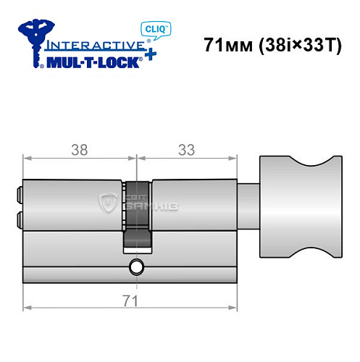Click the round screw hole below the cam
135,267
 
